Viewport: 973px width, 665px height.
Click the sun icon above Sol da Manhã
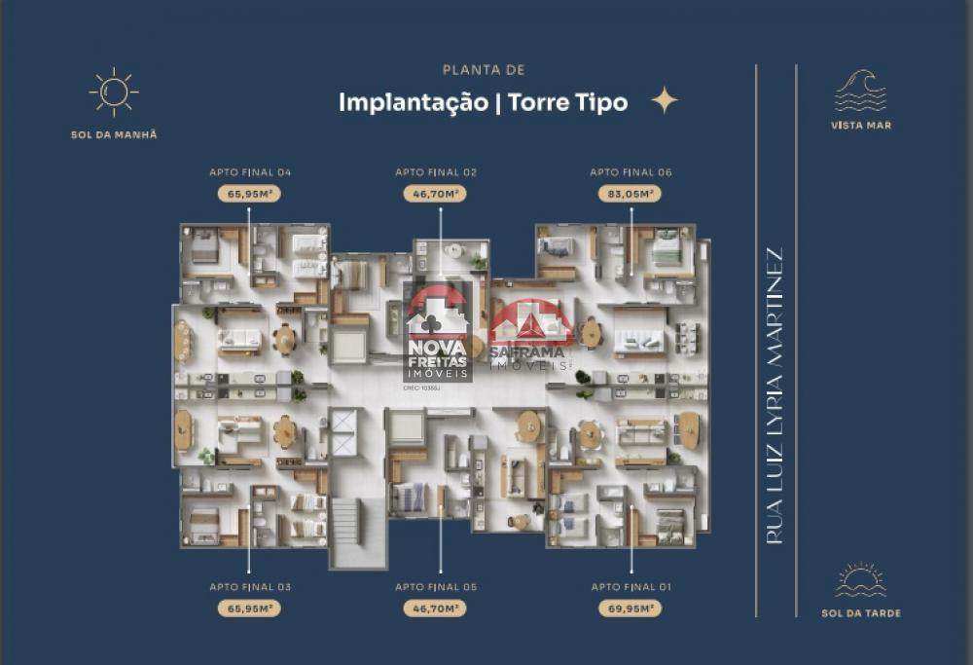click(114, 92)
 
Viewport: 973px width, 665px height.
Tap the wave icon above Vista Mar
click(861, 91)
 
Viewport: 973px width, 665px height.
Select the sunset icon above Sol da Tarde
click(861, 580)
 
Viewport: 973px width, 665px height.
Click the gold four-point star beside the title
click(665, 100)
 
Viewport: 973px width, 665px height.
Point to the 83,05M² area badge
click(631, 194)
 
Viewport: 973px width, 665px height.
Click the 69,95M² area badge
click(631, 609)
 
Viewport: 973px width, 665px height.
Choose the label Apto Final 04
click(250, 172)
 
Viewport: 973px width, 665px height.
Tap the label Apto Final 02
click(436, 172)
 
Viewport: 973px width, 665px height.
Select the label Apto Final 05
click(436, 587)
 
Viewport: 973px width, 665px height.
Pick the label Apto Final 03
click(250, 587)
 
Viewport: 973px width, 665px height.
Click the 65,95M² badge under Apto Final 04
click(249, 194)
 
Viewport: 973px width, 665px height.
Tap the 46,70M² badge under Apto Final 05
click(436, 609)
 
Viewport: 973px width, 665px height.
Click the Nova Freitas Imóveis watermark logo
click(437, 335)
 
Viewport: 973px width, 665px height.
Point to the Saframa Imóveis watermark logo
click(528, 335)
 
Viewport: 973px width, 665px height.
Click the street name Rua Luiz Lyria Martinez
click(775, 395)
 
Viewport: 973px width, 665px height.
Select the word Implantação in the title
click(414, 102)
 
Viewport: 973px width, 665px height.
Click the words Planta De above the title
click(484, 70)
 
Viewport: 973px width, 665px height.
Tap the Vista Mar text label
click(861, 126)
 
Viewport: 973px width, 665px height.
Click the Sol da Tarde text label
click(861, 613)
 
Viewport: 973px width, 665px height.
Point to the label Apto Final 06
click(631, 172)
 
